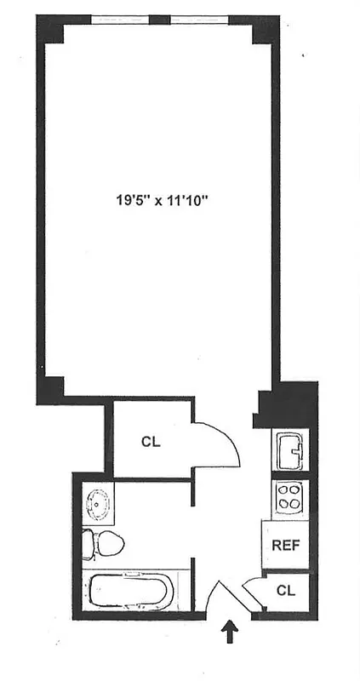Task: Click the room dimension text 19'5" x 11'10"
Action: (163, 202)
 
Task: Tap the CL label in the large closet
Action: (151, 442)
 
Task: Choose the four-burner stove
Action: (289, 495)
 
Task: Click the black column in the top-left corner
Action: (50, 31)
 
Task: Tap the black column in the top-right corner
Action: (266, 31)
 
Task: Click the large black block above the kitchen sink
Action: (289, 403)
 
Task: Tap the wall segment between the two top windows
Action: (159, 19)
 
